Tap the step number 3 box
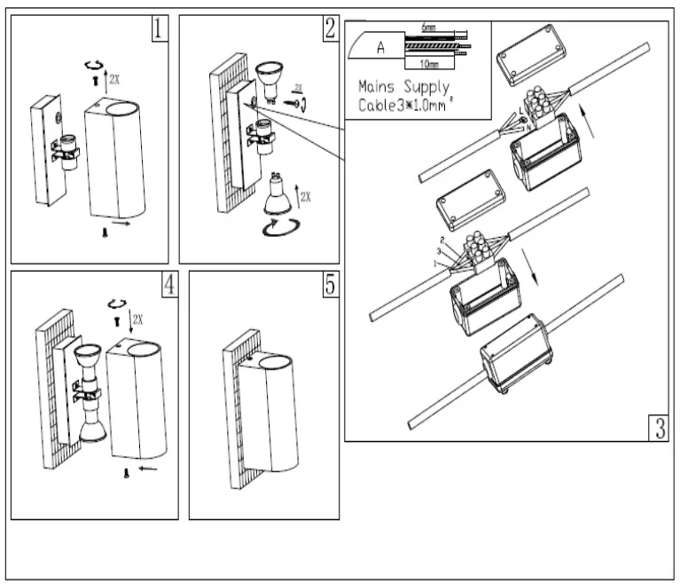(x=656, y=428)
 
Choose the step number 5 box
(x=329, y=284)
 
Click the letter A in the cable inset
(x=380, y=48)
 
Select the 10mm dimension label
(x=428, y=65)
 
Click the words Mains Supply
(x=403, y=88)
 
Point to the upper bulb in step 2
(x=269, y=77)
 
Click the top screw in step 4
(x=114, y=317)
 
